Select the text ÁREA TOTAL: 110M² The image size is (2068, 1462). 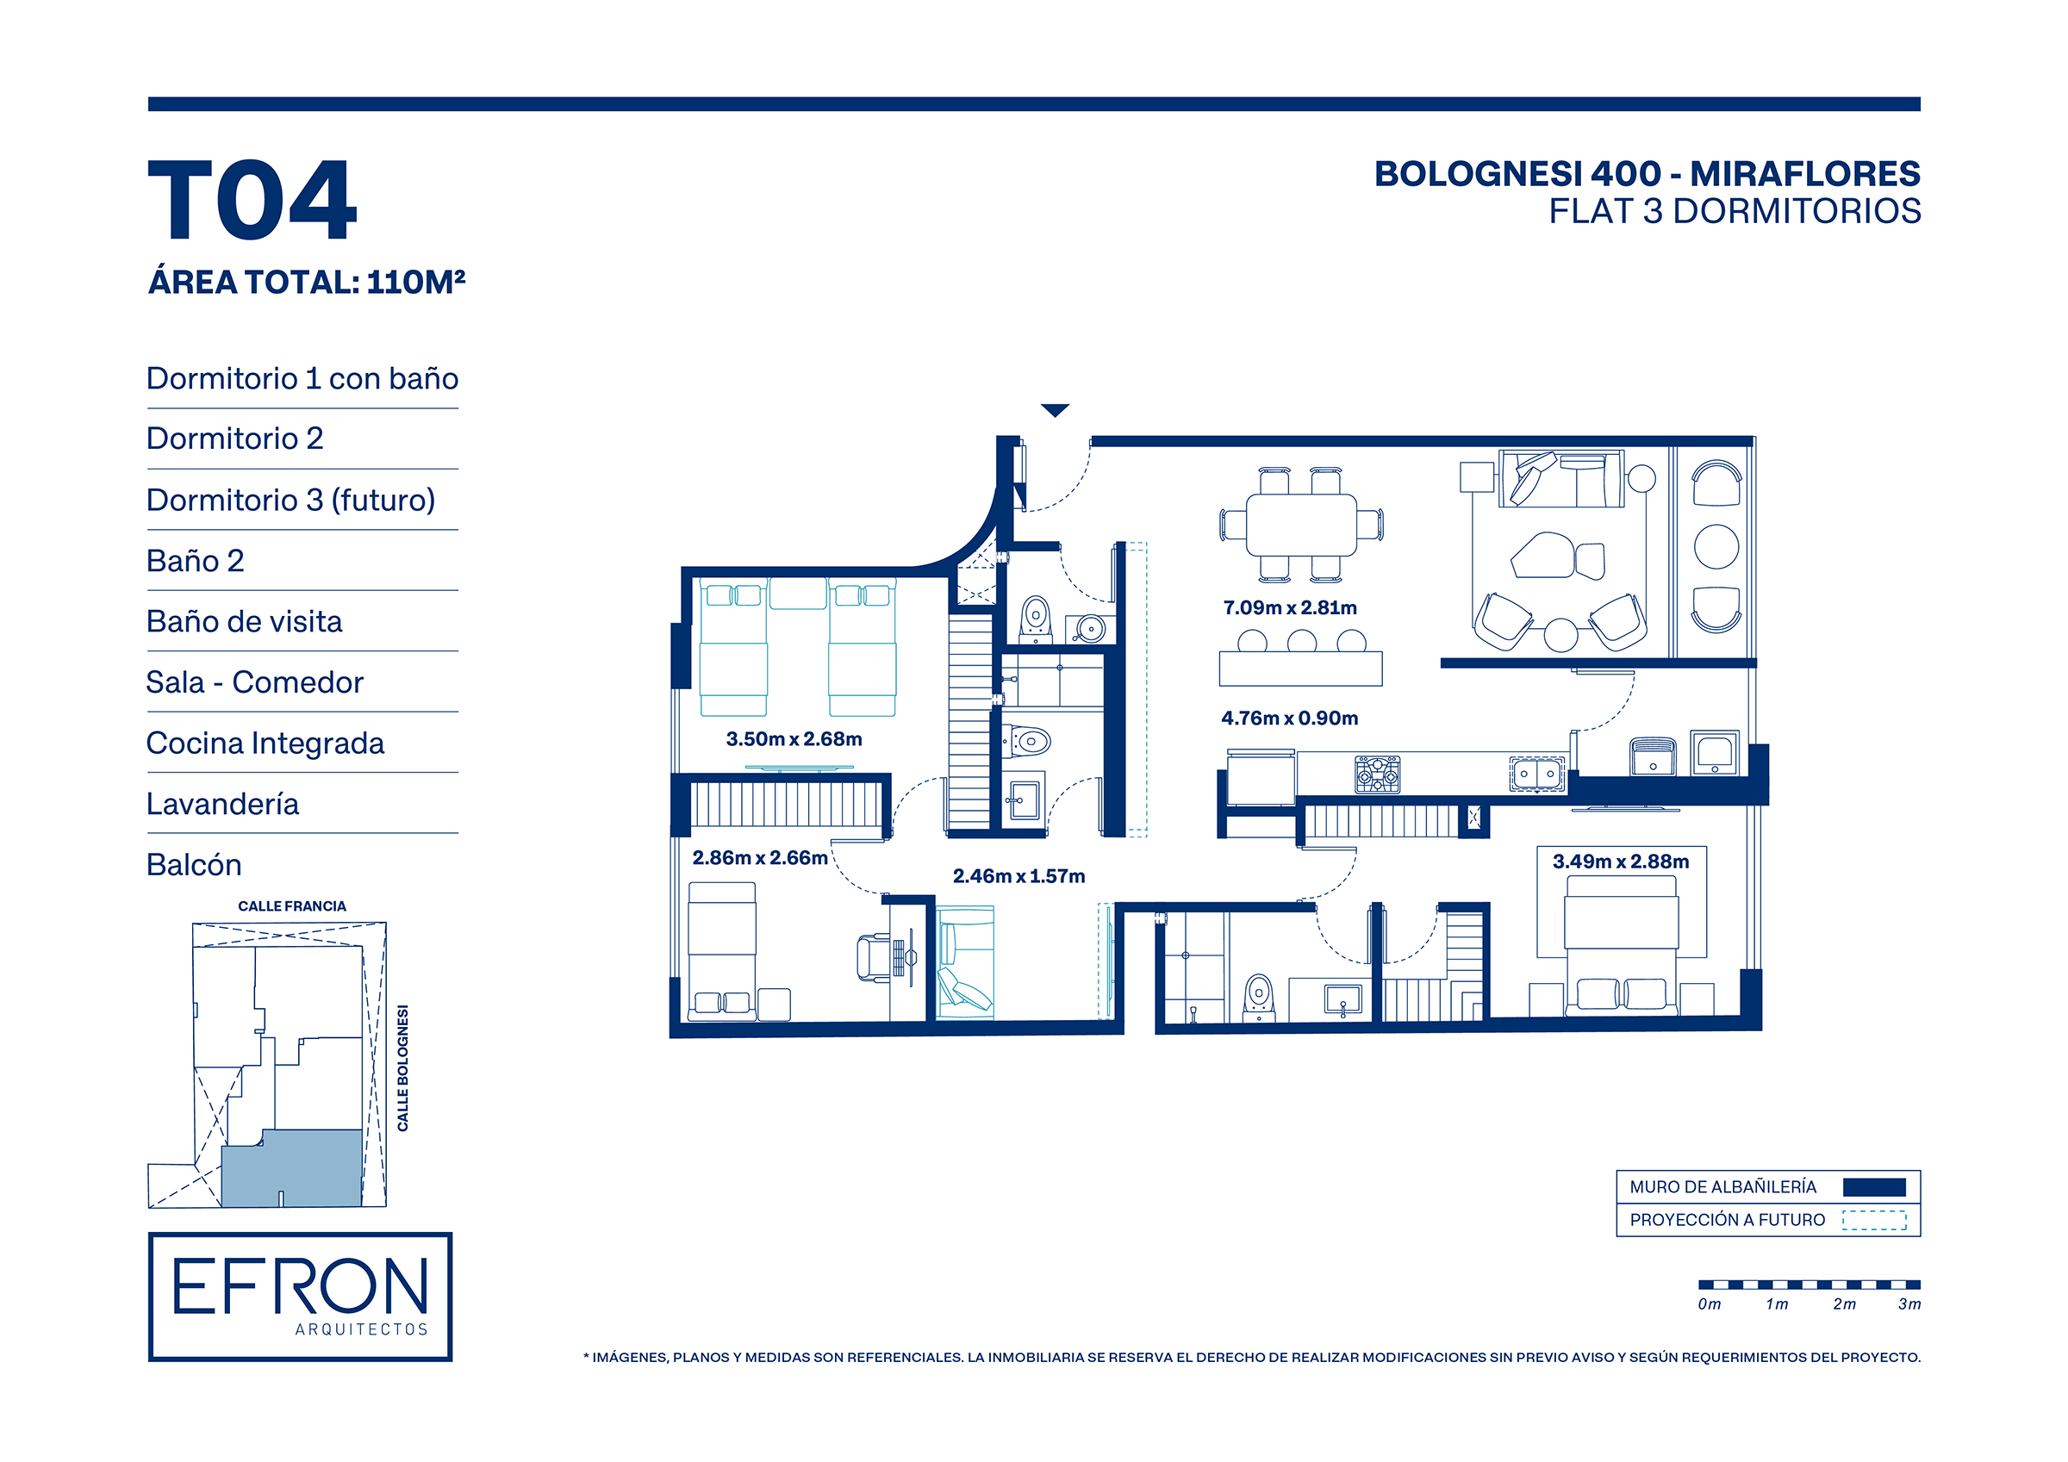pos(306,283)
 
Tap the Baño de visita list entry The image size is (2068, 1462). pos(244,621)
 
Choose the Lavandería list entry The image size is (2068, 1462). pos(222,804)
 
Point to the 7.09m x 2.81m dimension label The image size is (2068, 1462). pos(1290,608)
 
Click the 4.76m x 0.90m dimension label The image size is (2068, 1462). pos(1290,718)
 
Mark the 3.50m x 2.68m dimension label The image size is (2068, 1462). pos(794,739)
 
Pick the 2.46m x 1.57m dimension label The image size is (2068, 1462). pos(1018,876)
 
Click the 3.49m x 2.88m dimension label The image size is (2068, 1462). pos(1620,862)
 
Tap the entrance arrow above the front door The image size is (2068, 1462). pos(1055,411)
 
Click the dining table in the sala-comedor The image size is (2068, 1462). pos(1301,526)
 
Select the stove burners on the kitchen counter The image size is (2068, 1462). pos(1378,775)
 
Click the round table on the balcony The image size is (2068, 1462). pos(1716,547)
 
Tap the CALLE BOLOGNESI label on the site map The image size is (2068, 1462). pos(402,1068)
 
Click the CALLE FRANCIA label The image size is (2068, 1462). pos(292,906)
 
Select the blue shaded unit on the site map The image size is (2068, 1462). pos(292,1169)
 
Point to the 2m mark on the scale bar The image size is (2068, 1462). pos(1844,1304)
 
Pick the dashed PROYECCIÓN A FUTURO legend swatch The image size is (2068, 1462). pos(1874,1221)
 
